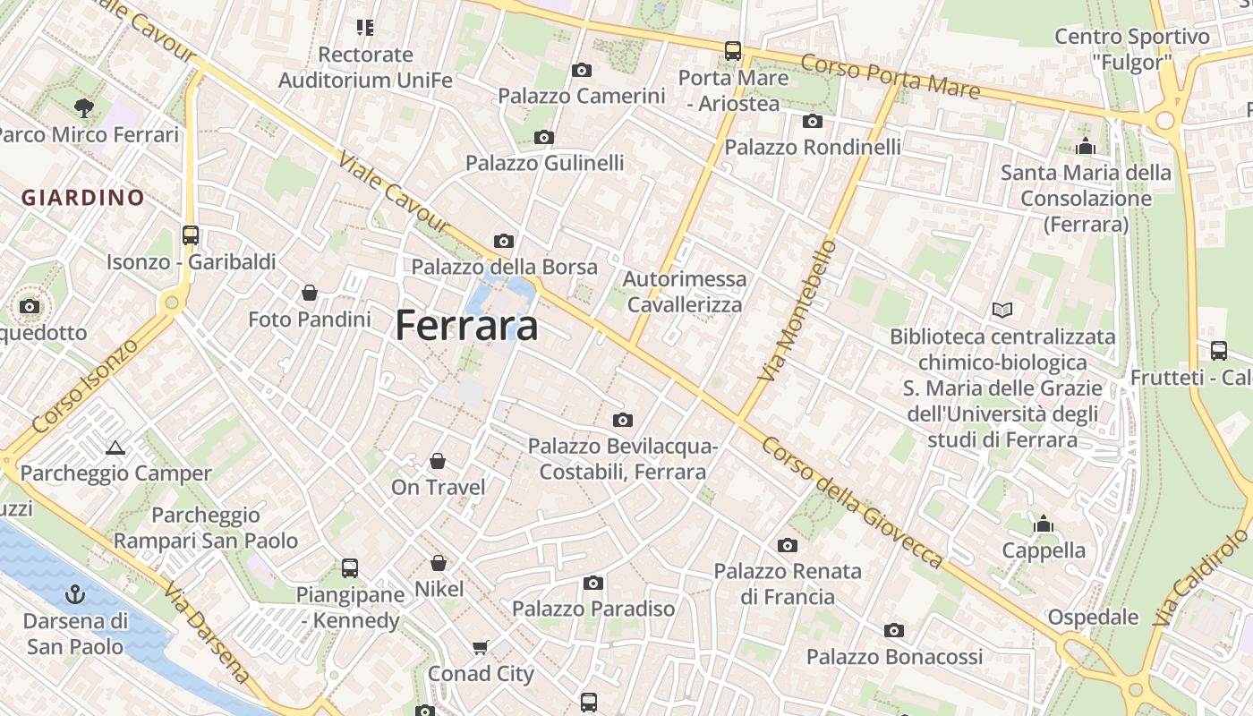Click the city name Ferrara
(x=466, y=325)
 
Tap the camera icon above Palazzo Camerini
(x=582, y=70)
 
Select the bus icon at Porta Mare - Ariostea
(x=733, y=50)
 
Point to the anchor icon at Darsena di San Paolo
(x=76, y=593)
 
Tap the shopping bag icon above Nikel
(x=439, y=563)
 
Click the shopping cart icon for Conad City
(x=481, y=647)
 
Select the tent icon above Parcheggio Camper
(x=115, y=447)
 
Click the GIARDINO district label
(x=83, y=198)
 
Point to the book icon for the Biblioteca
(x=1002, y=311)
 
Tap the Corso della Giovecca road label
(x=852, y=502)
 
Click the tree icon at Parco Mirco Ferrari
(x=83, y=108)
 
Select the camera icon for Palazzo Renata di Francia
(x=788, y=545)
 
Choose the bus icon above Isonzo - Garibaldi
(x=191, y=235)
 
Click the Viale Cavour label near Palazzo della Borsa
(x=393, y=192)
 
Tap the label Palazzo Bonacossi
(x=894, y=657)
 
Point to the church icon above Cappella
(x=1044, y=524)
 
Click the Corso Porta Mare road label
(x=890, y=76)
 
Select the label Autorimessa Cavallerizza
(x=685, y=292)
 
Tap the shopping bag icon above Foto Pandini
(x=310, y=293)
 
